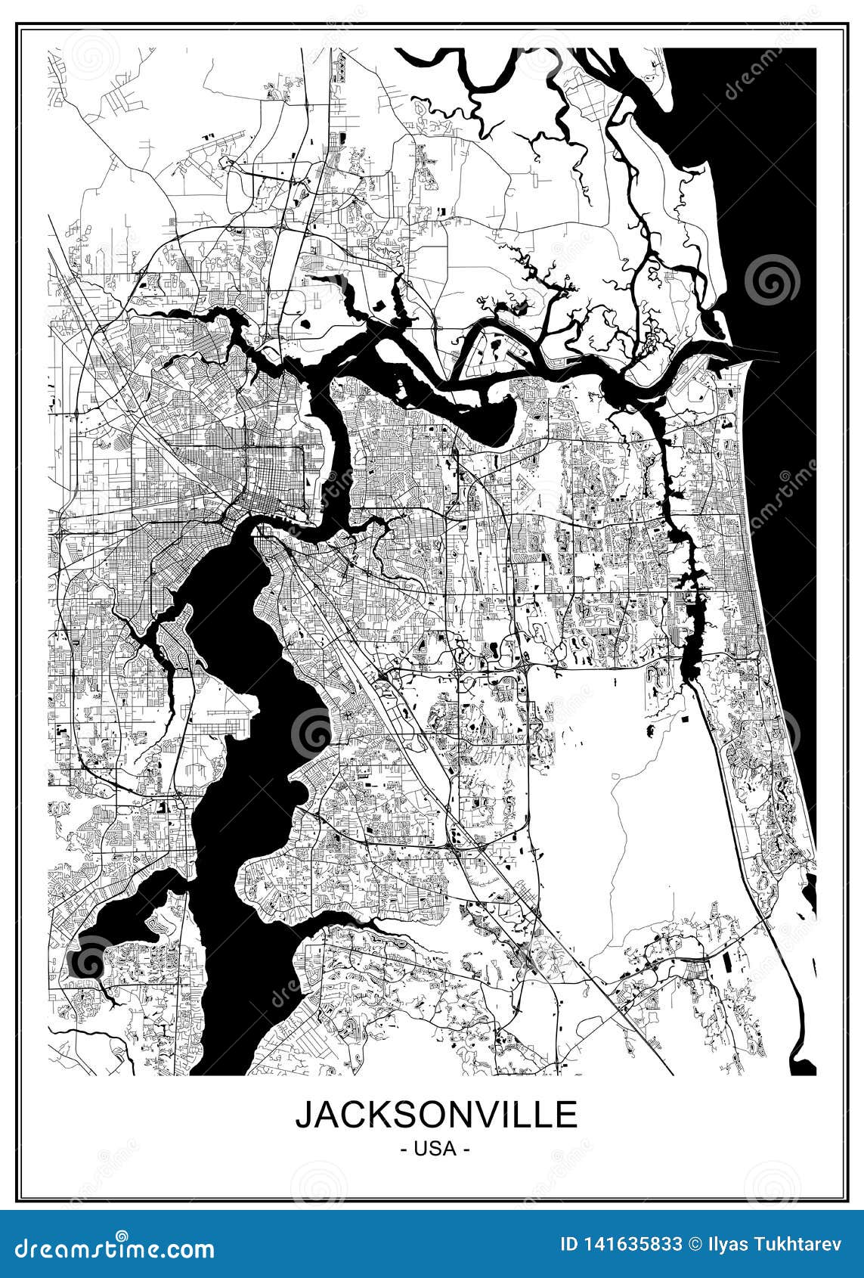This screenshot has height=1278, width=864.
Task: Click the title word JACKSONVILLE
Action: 436,1114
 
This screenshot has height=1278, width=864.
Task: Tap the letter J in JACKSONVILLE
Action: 305,1115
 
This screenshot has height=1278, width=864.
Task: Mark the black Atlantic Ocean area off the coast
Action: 786,227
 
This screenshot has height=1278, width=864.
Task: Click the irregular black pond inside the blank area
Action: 649,730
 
